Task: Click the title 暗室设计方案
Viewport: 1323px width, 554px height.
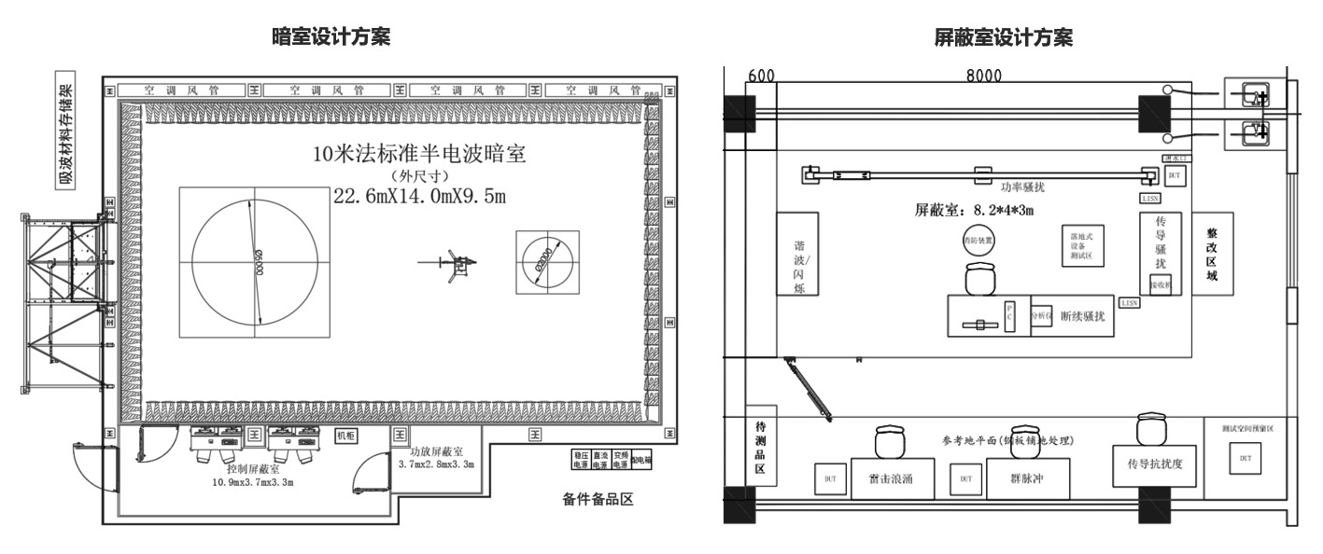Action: tap(331, 37)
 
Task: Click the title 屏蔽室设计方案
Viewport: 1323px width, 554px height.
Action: tap(1004, 37)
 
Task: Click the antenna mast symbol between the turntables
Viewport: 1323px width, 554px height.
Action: tap(456, 266)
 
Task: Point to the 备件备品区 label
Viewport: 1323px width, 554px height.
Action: tap(598, 500)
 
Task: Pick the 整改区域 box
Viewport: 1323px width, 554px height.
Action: tap(1212, 254)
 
